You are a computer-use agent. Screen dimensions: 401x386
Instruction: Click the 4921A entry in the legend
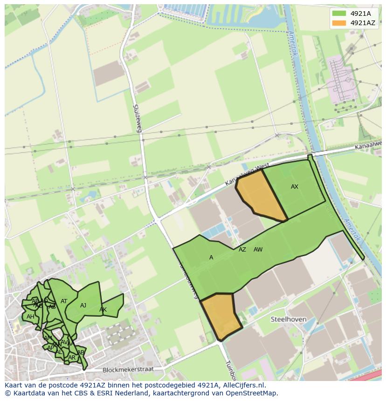point(360,14)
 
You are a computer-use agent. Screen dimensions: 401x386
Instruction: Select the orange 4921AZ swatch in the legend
point(339,23)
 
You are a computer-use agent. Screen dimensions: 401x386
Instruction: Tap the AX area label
point(294,187)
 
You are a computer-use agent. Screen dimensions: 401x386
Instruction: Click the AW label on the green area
point(258,250)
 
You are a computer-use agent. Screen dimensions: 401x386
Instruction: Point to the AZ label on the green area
point(242,250)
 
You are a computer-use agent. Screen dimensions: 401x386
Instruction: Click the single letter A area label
point(211,258)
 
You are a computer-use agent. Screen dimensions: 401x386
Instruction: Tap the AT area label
point(64,301)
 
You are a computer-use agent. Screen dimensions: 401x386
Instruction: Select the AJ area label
point(83,306)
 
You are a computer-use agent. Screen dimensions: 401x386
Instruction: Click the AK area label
point(103,310)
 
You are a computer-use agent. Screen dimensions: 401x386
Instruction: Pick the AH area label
point(30,317)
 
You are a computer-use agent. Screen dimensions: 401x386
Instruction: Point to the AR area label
point(71,358)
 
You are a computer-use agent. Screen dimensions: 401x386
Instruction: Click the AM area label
point(48,338)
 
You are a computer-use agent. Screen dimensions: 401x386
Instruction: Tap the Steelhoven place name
point(289,319)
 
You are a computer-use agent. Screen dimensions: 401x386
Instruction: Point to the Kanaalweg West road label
point(240,174)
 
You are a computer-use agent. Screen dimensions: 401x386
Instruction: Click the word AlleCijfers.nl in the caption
point(243,385)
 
